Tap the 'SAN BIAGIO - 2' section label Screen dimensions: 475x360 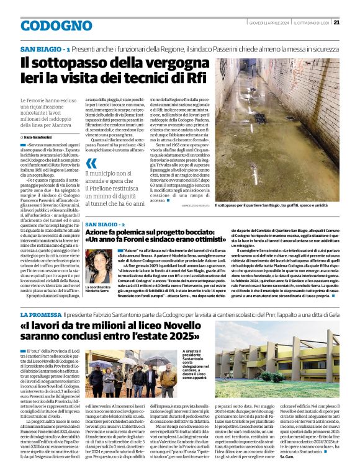pos(106,224)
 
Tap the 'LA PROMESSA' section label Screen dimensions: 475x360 pos(40,316)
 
